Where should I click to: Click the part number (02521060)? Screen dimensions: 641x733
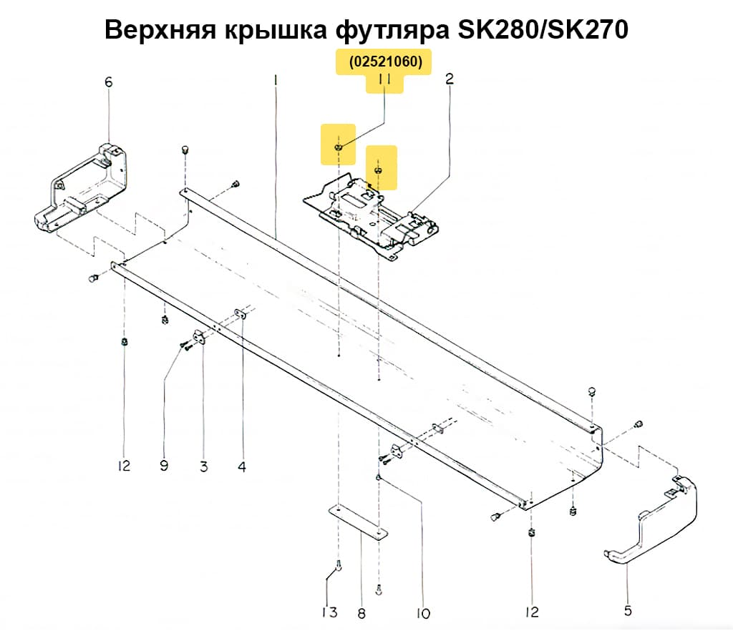tap(384, 63)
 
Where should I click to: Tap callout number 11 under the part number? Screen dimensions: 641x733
tap(384, 82)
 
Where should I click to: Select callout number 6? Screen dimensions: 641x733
tap(109, 82)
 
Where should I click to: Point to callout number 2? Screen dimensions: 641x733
tap(450, 79)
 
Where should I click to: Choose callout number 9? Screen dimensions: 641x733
tap(164, 466)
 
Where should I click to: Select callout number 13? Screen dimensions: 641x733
tap(329, 612)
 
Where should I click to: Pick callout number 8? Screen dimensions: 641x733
tap(361, 613)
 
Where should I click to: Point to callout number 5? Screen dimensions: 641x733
tap(628, 611)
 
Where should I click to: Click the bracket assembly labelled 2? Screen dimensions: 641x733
tap(372, 215)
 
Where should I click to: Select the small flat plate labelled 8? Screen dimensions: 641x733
tap(358, 522)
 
